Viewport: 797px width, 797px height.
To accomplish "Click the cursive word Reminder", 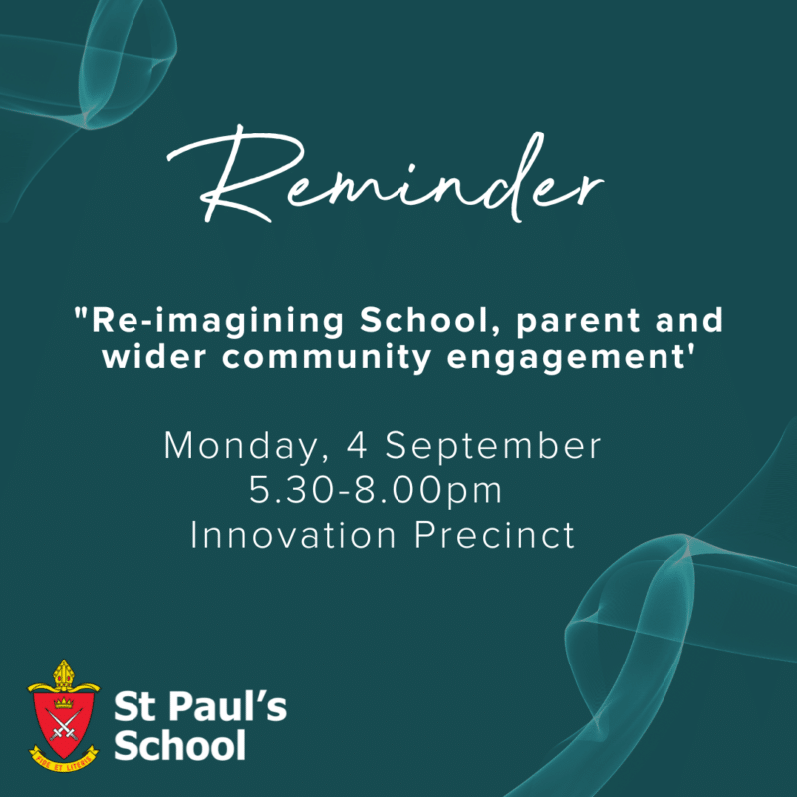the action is (386, 175).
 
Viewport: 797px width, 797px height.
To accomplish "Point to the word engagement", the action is (565, 359).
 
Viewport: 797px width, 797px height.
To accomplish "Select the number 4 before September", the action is (357, 445).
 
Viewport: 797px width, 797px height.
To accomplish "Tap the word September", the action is (493, 447).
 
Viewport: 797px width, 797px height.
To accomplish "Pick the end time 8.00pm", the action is (428, 491).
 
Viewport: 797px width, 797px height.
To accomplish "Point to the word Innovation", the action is (293, 534).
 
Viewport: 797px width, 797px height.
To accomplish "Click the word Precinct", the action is (494, 534).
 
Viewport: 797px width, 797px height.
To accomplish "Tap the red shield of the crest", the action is (63, 722).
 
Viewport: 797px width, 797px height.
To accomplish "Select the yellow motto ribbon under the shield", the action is (63, 759).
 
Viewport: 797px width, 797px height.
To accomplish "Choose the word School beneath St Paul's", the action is (180, 745).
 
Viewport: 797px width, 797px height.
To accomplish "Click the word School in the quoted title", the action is (428, 320).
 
